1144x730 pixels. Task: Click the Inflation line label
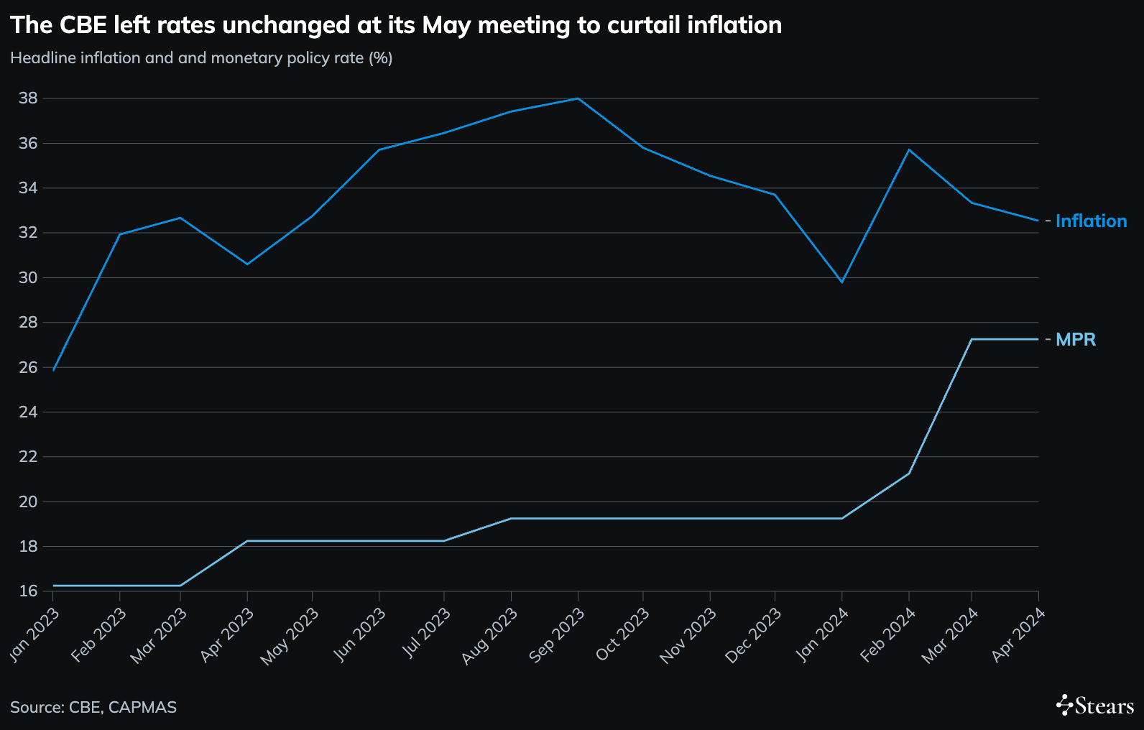pyautogui.click(x=1091, y=221)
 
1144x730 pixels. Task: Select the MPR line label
pyautogui.click(x=1075, y=340)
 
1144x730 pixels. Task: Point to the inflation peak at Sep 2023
pyautogui.click(x=578, y=98)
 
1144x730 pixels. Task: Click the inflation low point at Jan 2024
pyautogui.click(x=841, y=282)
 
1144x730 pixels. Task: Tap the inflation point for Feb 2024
pyautogui.click(x=909, y=149)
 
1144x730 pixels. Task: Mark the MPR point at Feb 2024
pyautogui.click(x=909, y=473)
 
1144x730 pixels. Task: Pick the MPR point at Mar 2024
pyautogui.click(x=972, y=339)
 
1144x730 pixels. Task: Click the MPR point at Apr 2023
pyautogui.click(x=247, y=541)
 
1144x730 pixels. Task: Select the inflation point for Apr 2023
pyautogui.click(x=247, y=264)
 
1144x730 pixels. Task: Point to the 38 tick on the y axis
pyautogui.click(x=28, y=98)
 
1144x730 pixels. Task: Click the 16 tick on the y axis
pyautogui.click(x=28, y=591)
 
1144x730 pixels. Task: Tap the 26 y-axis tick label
pyautogui.click(x=28, y=367)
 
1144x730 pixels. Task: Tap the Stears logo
pyautogui.click(x=1095, y=706)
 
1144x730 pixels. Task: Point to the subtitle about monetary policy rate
pyautogui.click(x=201, y=58)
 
